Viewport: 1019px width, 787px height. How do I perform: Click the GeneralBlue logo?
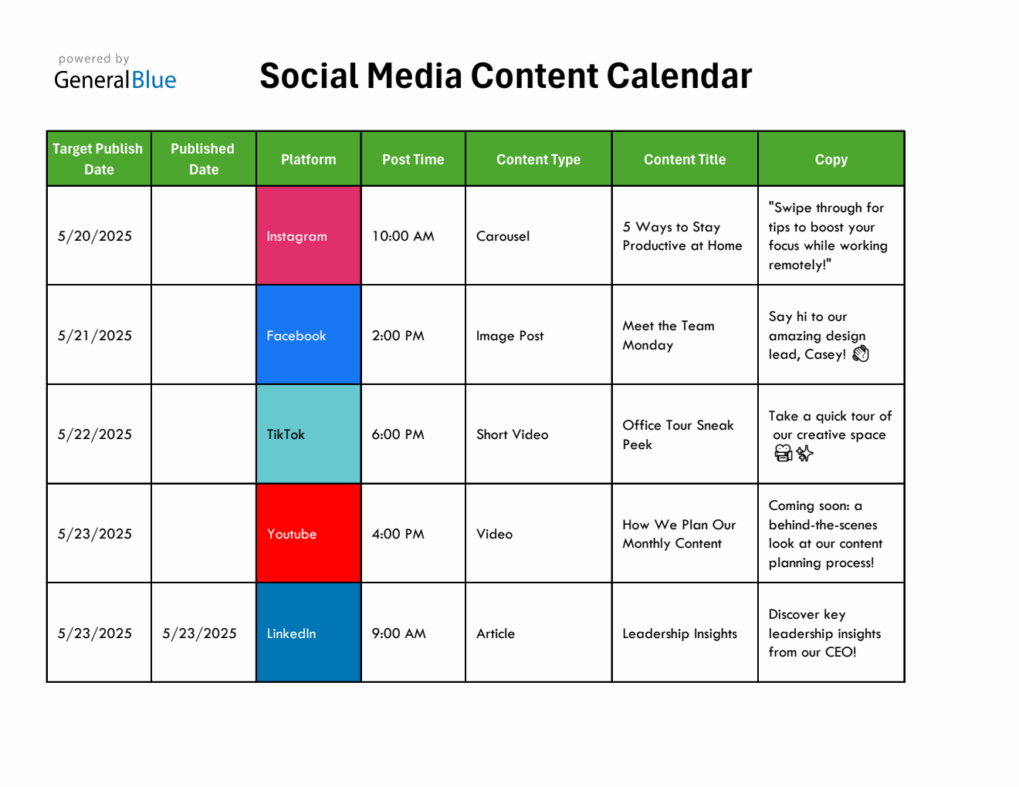[x=115, y=73]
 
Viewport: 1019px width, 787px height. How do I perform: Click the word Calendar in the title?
[x=679, y=76]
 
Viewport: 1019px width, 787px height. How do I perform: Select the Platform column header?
[x=308, y=160]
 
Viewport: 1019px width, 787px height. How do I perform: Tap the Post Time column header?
[x=413, y=160]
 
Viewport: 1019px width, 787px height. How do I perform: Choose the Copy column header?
[x=831, y=160]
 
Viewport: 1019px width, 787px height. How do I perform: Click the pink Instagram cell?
[x=308, y=236]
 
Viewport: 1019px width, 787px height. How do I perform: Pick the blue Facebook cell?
[x=308, y=336]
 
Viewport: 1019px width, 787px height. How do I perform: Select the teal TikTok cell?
[x=308, y=434]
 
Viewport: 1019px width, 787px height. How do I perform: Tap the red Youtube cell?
[x=308, y=534]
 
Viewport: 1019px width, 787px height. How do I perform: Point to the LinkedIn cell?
[x=308, y=633]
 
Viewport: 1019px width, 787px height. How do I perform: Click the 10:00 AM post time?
[x=403, y=236]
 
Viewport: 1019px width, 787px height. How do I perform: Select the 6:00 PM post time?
[x=398, y=434]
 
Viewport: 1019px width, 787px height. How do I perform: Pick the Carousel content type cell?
[x=503, y=236]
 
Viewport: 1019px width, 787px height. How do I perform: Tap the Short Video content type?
[x=512, y=434]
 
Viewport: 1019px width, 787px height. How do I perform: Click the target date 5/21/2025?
[x=95, y=336]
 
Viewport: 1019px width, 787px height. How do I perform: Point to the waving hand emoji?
[x=861, y=354]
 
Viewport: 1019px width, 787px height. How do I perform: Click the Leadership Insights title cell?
[x=679, y=633]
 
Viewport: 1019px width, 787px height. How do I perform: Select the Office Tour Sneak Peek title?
[x=678, y=434]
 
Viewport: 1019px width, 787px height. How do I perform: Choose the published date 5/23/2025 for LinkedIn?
[x=199, y=633]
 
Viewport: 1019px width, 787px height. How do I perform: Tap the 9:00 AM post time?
[x=399, y=633]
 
